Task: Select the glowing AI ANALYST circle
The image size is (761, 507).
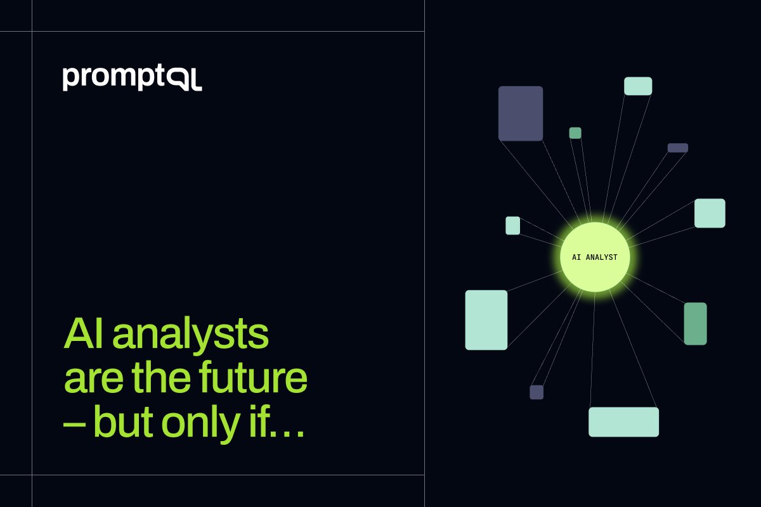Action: click(x=595, y=257)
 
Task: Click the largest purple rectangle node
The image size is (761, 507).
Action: click(x=521, y=113)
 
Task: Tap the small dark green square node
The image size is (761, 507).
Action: click(x=575, y=133)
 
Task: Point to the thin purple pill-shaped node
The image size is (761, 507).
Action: click(x=677, y=148)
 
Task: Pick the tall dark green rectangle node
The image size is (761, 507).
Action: click(x=695, y=324)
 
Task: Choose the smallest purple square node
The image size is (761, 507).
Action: click(x=537, y=392)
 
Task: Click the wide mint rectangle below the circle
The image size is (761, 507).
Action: click(x=623, y=422)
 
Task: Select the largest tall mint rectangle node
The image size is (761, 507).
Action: click(x=486, y=320)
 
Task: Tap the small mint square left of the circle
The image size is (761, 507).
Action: click(x=512, y=226)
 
